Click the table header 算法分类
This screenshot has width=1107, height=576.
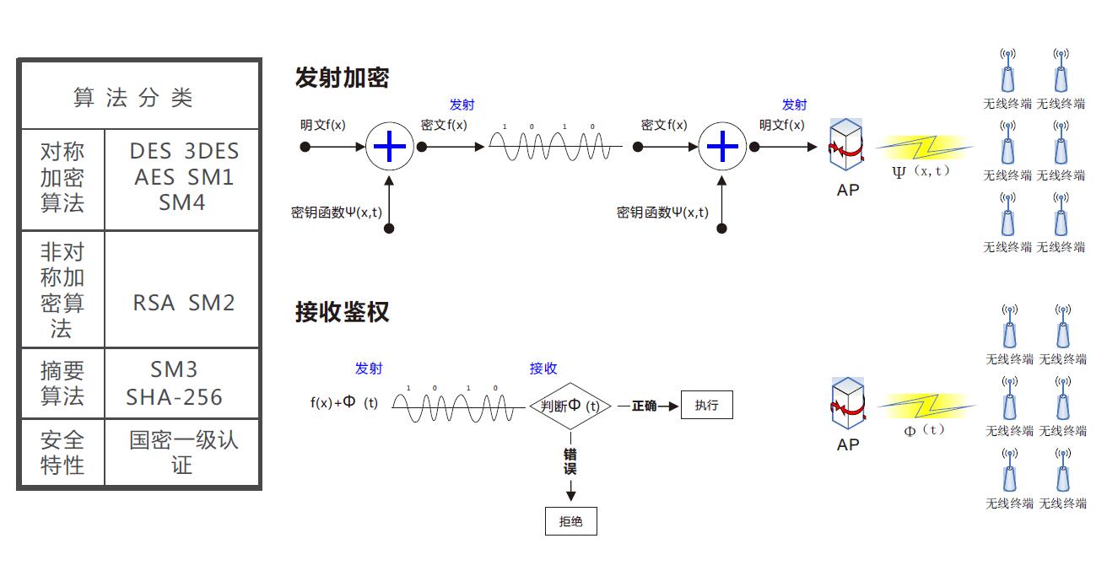point(133,98)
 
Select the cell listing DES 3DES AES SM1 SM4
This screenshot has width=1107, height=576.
point(183,177)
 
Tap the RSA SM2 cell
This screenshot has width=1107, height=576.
point(183,303)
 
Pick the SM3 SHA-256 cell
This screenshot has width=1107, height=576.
point(175,383)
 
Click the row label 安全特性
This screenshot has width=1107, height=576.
point(62,452)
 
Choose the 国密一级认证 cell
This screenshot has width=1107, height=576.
point(183,452)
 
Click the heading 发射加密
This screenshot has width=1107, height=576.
point(342,78)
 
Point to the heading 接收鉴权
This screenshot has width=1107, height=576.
point(342,311)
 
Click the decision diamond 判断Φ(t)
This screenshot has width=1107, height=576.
point(571,406)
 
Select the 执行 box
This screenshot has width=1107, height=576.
point(706,405)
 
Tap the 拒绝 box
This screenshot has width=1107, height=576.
point(571,521)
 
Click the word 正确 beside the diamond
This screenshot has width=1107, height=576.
point(644,406)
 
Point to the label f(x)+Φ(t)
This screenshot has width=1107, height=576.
point(344,403)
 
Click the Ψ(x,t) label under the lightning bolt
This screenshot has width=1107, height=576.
point(921,171)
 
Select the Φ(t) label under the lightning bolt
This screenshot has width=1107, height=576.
point(923,431)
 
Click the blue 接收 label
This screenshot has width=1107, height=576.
point(543,369)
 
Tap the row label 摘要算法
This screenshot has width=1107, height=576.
point(62,383)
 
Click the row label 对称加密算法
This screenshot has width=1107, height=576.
point(62,177)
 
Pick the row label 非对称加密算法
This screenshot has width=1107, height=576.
point(62,289)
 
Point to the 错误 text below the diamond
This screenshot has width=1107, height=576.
point(570,461)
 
